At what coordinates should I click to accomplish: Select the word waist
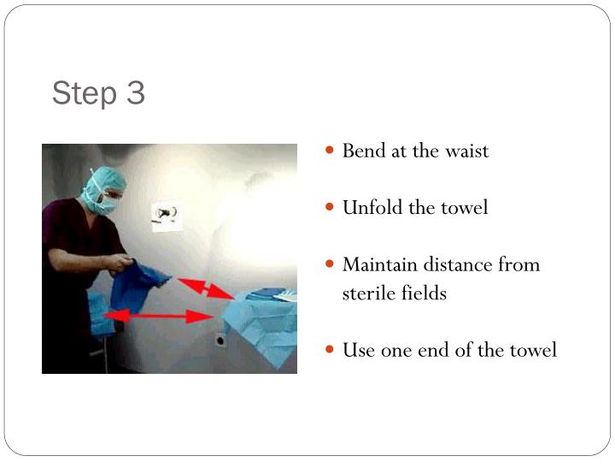click(466, 151)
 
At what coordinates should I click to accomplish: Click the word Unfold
click(370, 208)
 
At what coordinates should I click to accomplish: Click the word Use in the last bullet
click(357, 350)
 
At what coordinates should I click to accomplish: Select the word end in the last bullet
click(442, 350)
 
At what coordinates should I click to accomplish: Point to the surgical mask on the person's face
click(109, 203)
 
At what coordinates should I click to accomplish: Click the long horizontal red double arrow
click(158, 317)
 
